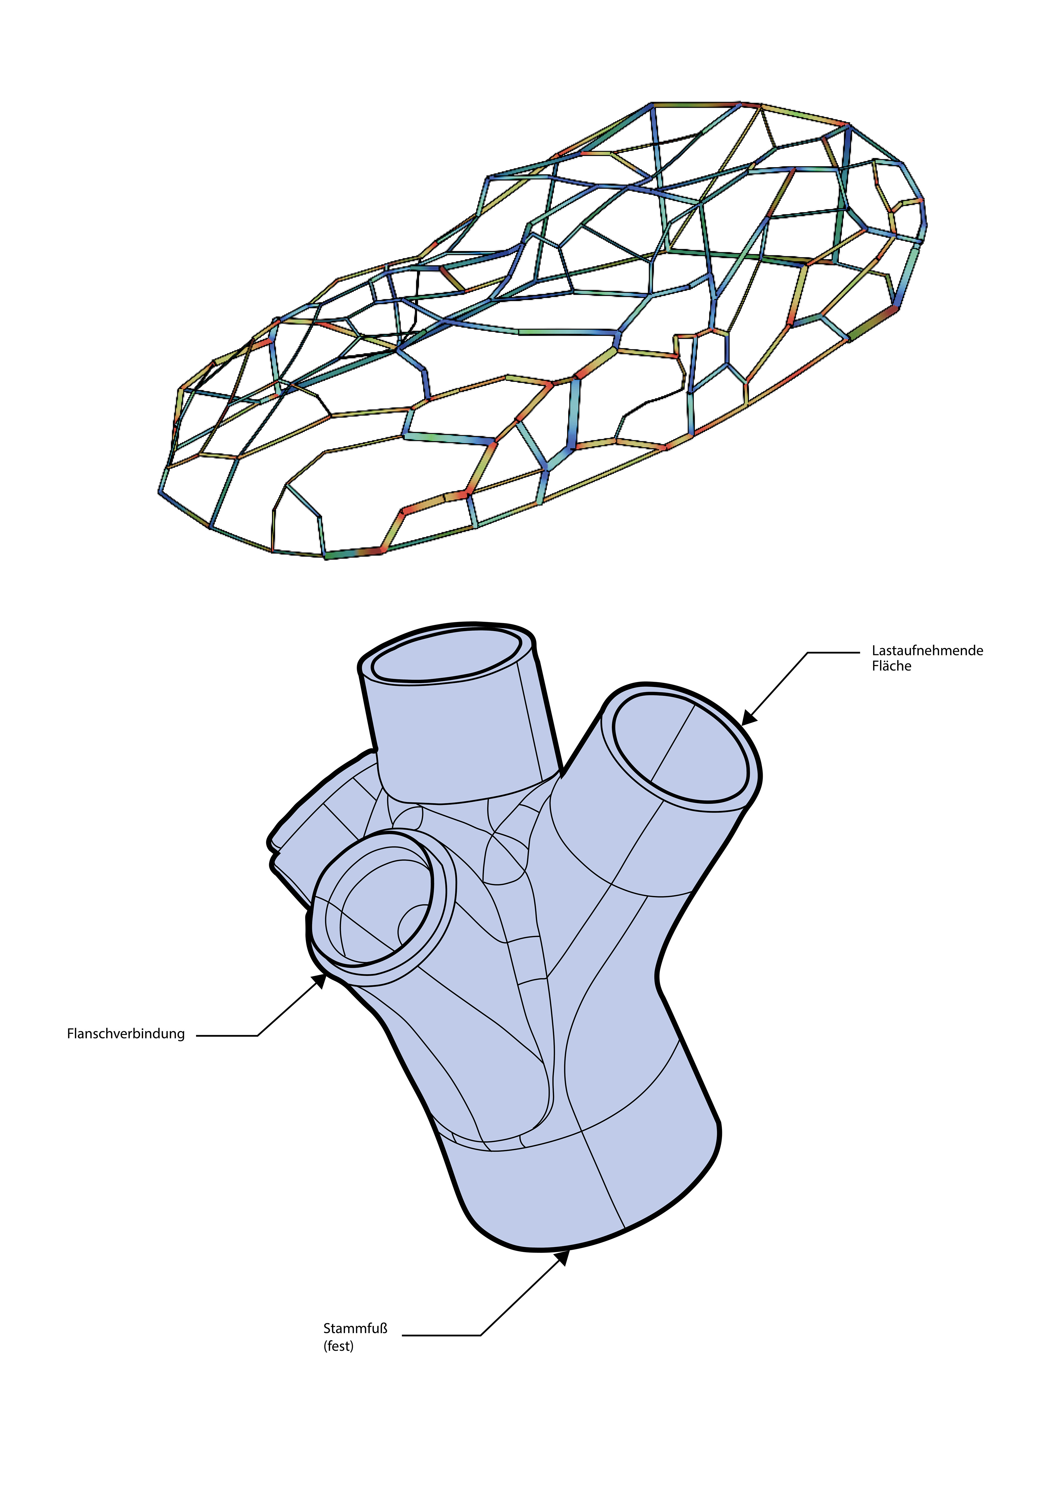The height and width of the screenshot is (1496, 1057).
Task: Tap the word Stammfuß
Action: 355,1329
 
